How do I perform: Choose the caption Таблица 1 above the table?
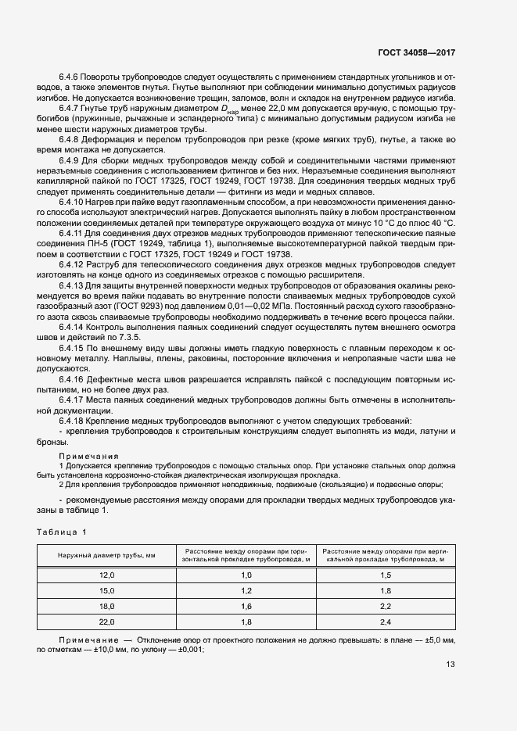click(62, 532)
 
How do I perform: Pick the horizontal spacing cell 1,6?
click(246, 606)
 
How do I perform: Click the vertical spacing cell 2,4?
click(385, 622)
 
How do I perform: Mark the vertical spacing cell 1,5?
click(385, 575)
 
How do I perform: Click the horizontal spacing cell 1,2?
click(246, 590)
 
